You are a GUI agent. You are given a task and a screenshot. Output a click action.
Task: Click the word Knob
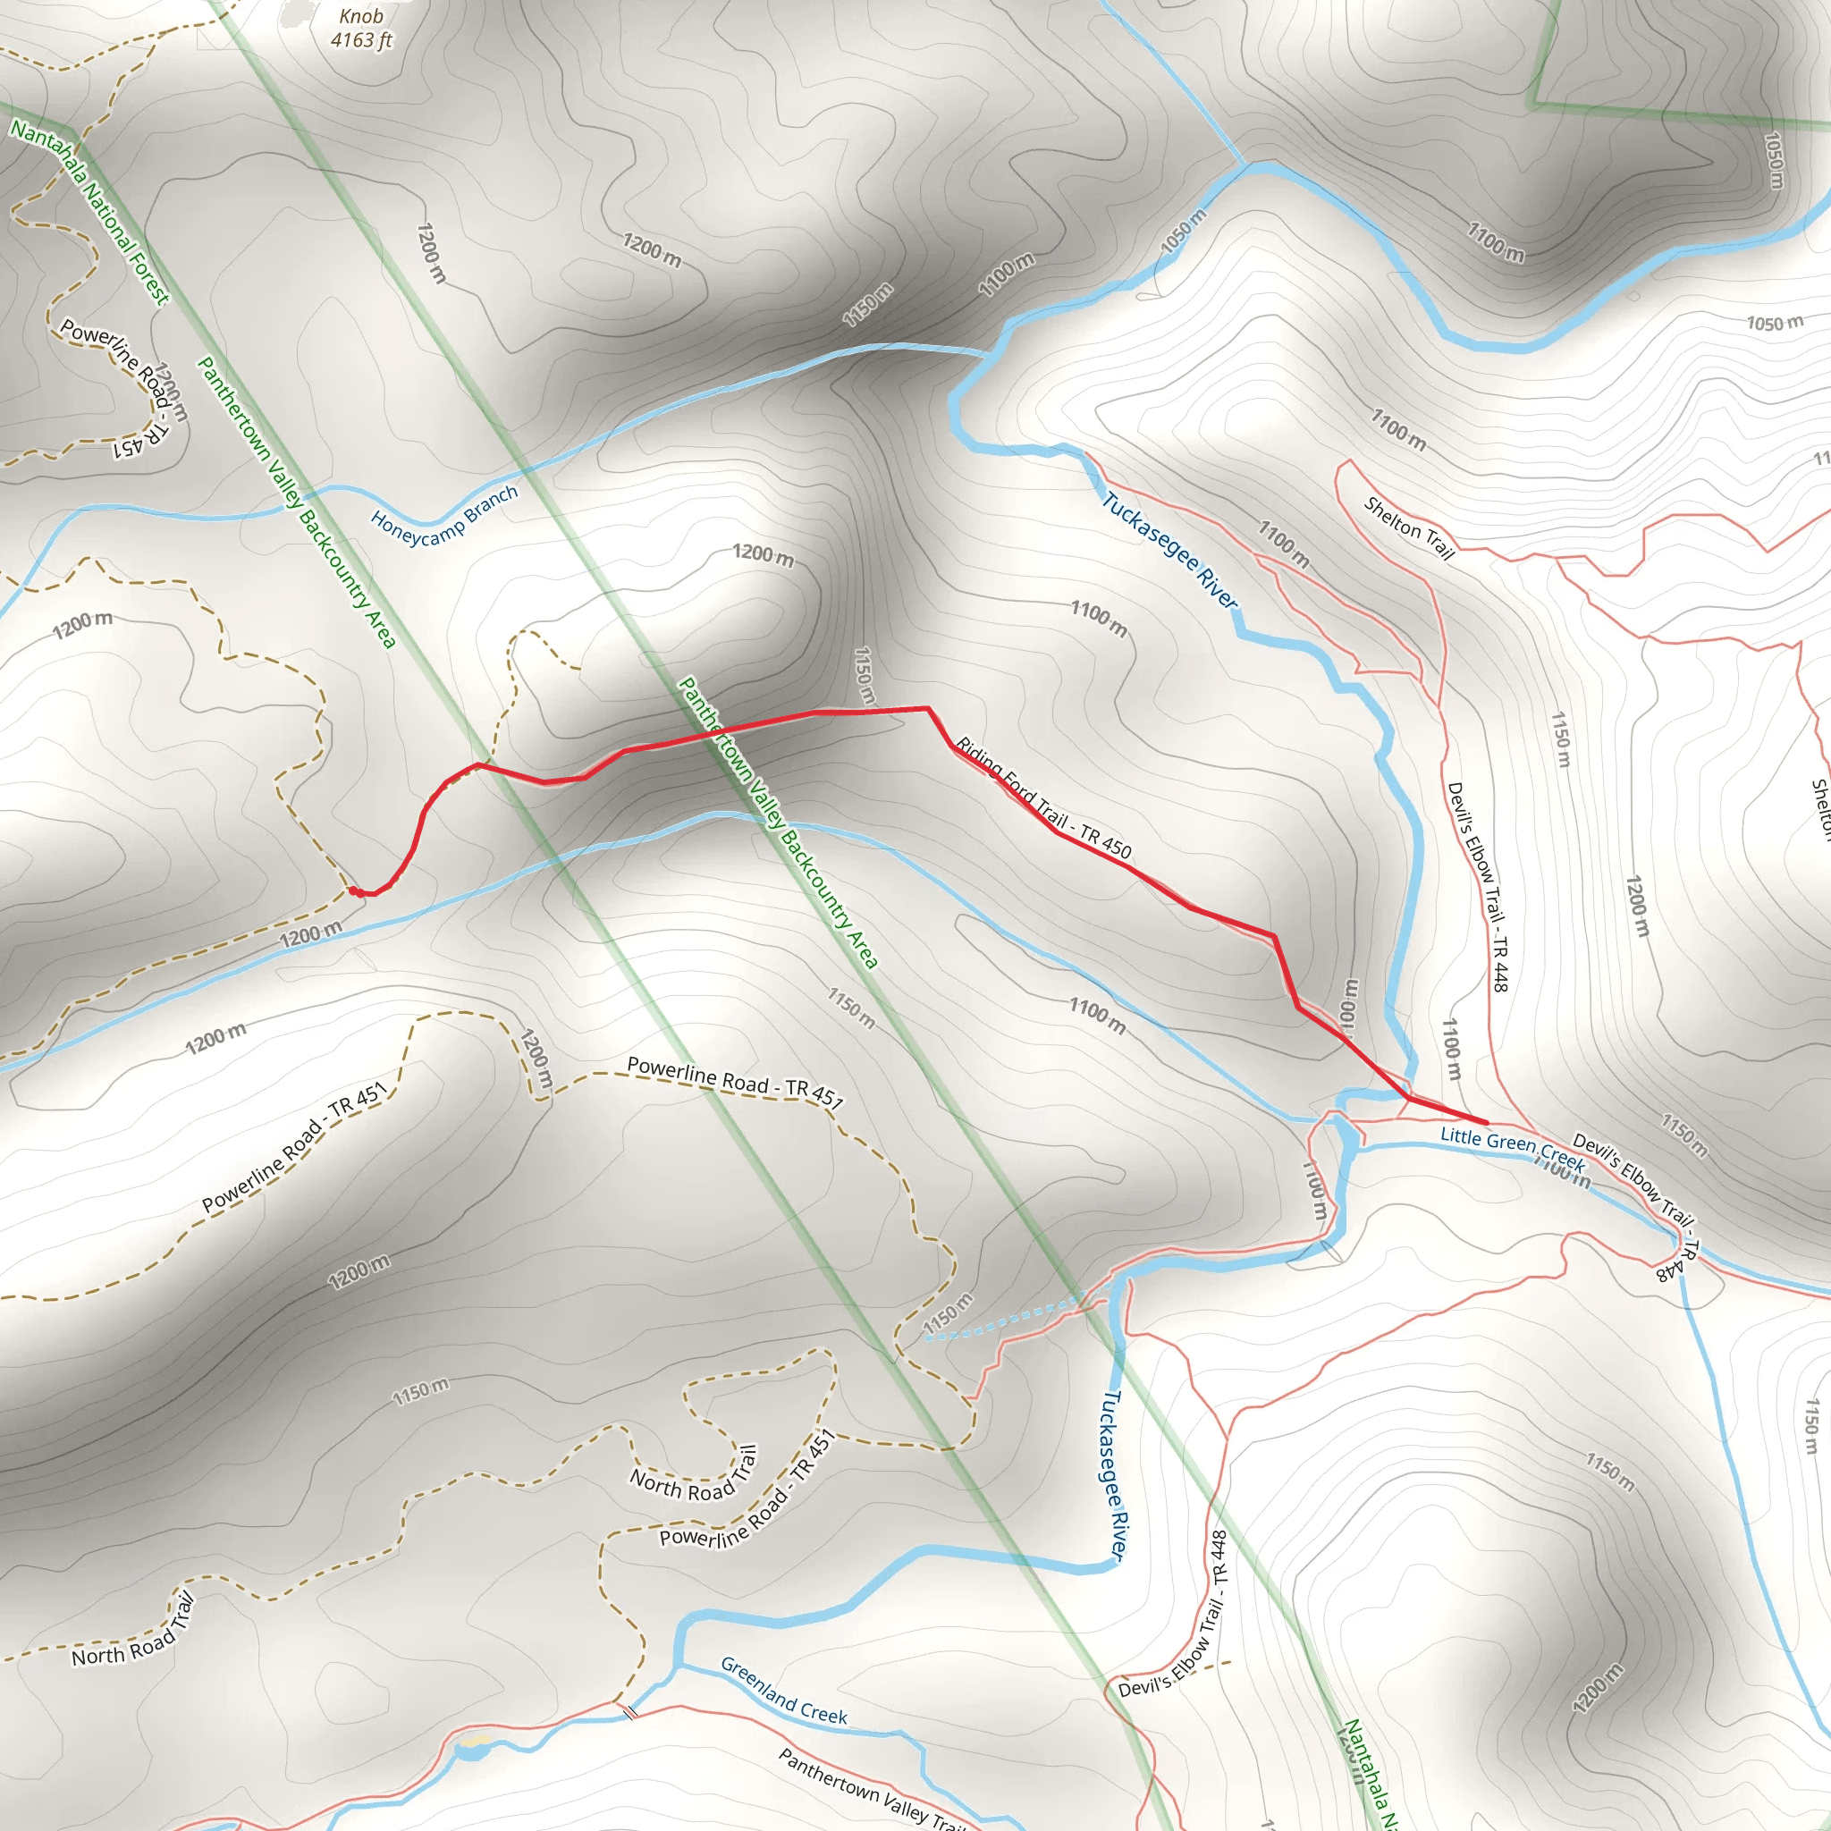pos(361,16)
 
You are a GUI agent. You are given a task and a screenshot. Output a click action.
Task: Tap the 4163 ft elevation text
pos(361,40)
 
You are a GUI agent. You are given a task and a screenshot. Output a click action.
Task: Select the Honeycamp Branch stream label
pos(443,516)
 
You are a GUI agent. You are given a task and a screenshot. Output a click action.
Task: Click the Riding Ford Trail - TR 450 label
pos(1042,798)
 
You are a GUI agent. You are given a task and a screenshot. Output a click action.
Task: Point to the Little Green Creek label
pos(1512,1148)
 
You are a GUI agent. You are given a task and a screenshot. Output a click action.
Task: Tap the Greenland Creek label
pos(783,1691)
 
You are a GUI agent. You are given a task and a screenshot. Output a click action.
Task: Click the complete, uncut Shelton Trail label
pos(1408,527)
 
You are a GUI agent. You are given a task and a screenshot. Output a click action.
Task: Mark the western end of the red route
pos(352,890)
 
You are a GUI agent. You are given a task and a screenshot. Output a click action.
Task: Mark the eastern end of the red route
pos(1485,1123)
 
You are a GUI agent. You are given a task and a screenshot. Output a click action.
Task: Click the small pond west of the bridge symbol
pos(471,1750)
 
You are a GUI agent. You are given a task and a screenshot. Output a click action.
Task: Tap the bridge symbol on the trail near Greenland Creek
pos(629,1711)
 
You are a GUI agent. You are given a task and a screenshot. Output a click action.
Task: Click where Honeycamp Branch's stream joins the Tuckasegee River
pos(985,353)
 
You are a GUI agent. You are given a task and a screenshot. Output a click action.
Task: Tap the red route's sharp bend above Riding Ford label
pos(927,708)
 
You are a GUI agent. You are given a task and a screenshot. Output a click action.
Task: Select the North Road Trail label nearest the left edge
pos(132,1629)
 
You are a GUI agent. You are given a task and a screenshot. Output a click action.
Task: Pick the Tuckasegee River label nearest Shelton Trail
pos(1169,550)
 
